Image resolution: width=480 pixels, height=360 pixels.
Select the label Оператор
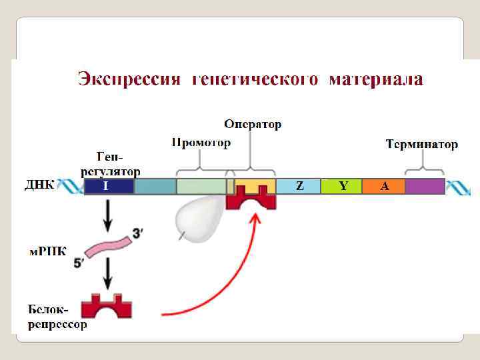[253, 124]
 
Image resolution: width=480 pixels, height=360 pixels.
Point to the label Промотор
[201, 143]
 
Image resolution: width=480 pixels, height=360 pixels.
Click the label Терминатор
[422, 144]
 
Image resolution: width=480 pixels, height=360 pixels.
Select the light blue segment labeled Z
[298, 186]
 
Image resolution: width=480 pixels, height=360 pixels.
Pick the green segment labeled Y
[341, 186]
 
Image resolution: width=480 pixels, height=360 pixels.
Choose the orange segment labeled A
[383, 186]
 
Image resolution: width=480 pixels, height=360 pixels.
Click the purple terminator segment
[425, 186]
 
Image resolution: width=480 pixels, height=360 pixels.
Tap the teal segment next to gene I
[155, 186]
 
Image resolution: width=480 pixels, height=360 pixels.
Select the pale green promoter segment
[201, 186]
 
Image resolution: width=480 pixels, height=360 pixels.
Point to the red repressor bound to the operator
[251, 199]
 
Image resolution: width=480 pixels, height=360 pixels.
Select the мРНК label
[47, 253]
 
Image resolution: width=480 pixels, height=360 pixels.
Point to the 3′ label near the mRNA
[137, 233]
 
